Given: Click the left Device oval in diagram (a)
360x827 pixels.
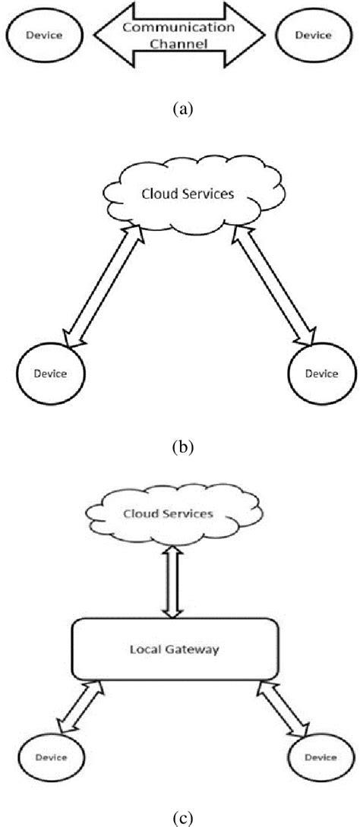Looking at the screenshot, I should (43, 35).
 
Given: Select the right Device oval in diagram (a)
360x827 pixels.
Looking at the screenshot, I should (312, 35).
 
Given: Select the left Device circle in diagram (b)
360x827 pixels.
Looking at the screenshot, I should (50, 373).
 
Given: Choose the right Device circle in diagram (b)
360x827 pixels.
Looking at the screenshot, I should (321, 373).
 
